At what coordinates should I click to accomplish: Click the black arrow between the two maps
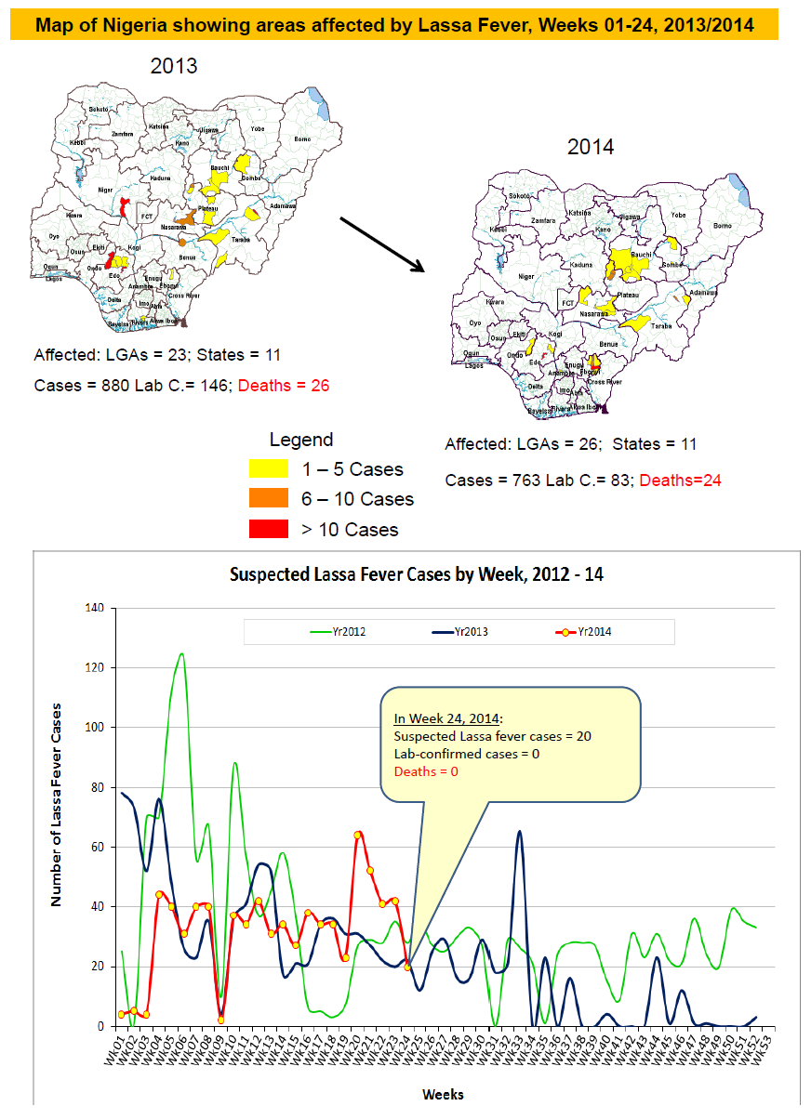[380, 244]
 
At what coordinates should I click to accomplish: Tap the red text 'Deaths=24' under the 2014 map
[681, 481]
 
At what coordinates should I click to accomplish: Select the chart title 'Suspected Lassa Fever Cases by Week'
[416, 574]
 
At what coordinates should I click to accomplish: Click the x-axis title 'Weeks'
[443, 1093]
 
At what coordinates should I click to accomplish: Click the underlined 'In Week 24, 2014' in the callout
[448, 718]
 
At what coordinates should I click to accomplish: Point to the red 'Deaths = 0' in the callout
[426, 771]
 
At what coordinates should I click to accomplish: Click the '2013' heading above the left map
[174, 66]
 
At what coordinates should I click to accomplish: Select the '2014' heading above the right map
[591, 147]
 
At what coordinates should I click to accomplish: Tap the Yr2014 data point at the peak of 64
[358, 835]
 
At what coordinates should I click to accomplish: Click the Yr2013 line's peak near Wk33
[519, 833]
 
